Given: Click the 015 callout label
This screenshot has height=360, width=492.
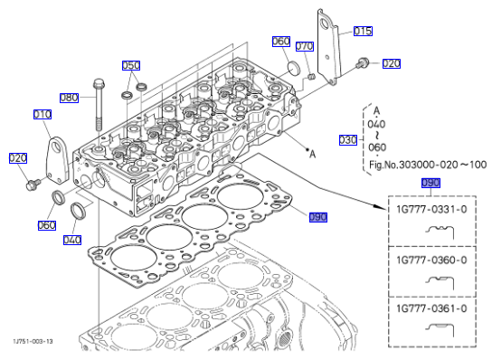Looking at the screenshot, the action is click(x=363, y=31).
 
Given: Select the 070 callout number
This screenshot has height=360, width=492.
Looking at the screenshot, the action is click(x=305, y=46).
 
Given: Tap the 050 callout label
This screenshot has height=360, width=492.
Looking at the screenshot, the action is click(x=131, y=65).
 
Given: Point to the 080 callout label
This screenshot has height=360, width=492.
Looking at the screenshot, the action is click(x=69, y=98).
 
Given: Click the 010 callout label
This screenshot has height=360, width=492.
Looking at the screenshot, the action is click(x=43, y=114).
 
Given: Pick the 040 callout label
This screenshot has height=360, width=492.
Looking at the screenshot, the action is click(x=72, y=240).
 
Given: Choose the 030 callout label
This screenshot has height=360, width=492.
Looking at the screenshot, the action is click(x=348, y=140).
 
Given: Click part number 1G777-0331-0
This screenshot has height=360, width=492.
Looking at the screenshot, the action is click(x=431, y=209).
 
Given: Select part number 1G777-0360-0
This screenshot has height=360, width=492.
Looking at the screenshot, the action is click(x=431, y=260).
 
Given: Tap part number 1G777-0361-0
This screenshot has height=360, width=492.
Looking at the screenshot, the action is click(x=431, y=308).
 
